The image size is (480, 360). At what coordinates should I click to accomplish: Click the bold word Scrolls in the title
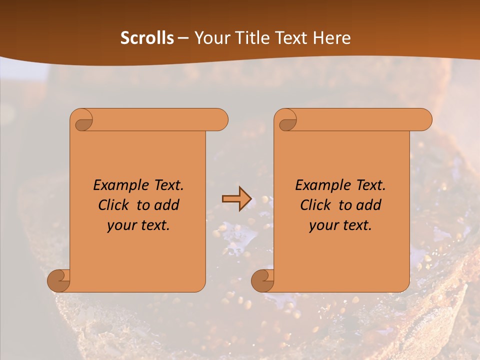pyautogui.click(x=147, y=38)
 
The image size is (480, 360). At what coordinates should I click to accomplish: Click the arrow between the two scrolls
pyautogui.click(x=236, y=198)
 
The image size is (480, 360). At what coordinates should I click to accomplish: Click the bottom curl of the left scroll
pyautogui.click(x=59, y=280)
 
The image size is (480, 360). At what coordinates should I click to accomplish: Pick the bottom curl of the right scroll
pyautogui.click(x=262, y=280)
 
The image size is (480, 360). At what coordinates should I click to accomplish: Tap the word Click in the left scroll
pyautogui.click(x=113, y=205)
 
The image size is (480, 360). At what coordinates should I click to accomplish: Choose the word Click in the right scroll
pyautogui.click(x=315, y=205)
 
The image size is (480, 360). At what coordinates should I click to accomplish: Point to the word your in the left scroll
pyautogui.click(x=120, y=226)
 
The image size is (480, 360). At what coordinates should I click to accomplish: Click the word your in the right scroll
pyautogui.click(x=322, y=226)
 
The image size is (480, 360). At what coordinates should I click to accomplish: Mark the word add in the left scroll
pyautogui.click(x=168, y=205)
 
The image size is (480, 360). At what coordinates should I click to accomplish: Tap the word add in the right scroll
pyautogui.click(x=370, y=205)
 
